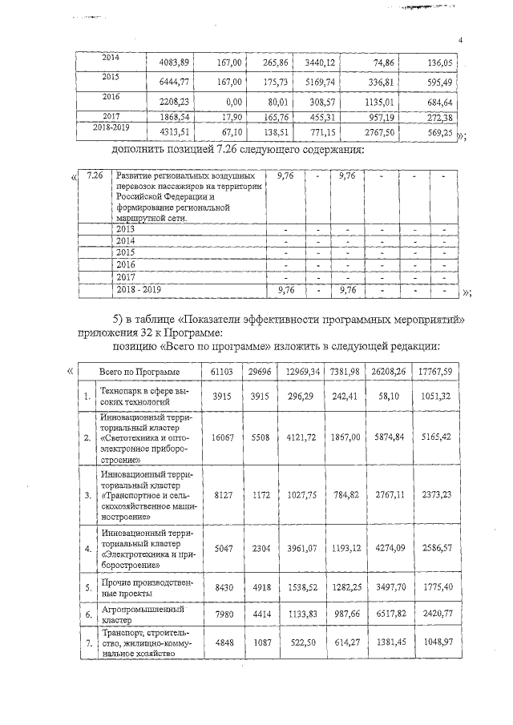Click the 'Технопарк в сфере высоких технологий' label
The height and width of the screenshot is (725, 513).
pyautogui.click(x=139, y=396)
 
